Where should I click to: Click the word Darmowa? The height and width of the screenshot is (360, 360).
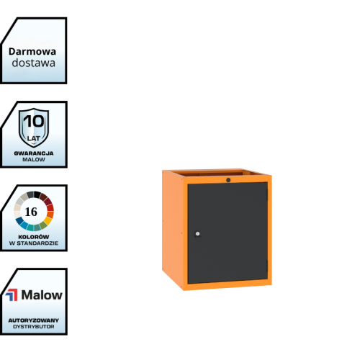point(32,52)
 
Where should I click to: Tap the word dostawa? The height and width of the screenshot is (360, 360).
point(34,63)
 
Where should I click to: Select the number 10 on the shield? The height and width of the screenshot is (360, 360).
point(34,121)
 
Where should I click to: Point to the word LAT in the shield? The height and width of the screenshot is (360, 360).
point(33,138)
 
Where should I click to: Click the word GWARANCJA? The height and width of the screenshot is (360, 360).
point(34,153)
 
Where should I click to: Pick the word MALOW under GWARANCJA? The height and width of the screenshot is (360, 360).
point(34,160)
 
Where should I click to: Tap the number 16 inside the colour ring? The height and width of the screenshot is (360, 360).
point(31,212)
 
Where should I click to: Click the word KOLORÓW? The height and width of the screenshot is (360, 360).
point(34,237)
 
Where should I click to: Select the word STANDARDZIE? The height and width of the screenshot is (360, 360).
point(37,243)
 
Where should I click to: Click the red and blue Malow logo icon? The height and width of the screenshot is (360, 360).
point(12,294)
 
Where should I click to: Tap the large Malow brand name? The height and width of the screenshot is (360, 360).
point(42,295)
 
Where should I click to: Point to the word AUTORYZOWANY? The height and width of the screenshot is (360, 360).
point(34,320)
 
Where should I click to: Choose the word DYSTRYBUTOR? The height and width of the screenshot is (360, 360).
point(34,327)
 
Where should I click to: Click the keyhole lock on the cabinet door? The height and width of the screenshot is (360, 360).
point(197,233)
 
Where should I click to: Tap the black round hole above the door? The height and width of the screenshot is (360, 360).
point(228,180)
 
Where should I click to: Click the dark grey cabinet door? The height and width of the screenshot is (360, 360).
point(228,233)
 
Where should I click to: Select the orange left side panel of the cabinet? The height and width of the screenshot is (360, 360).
point(173,228)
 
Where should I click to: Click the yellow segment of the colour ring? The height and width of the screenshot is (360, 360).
point(48,220)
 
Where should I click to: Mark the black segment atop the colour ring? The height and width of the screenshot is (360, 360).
point(37,194)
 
